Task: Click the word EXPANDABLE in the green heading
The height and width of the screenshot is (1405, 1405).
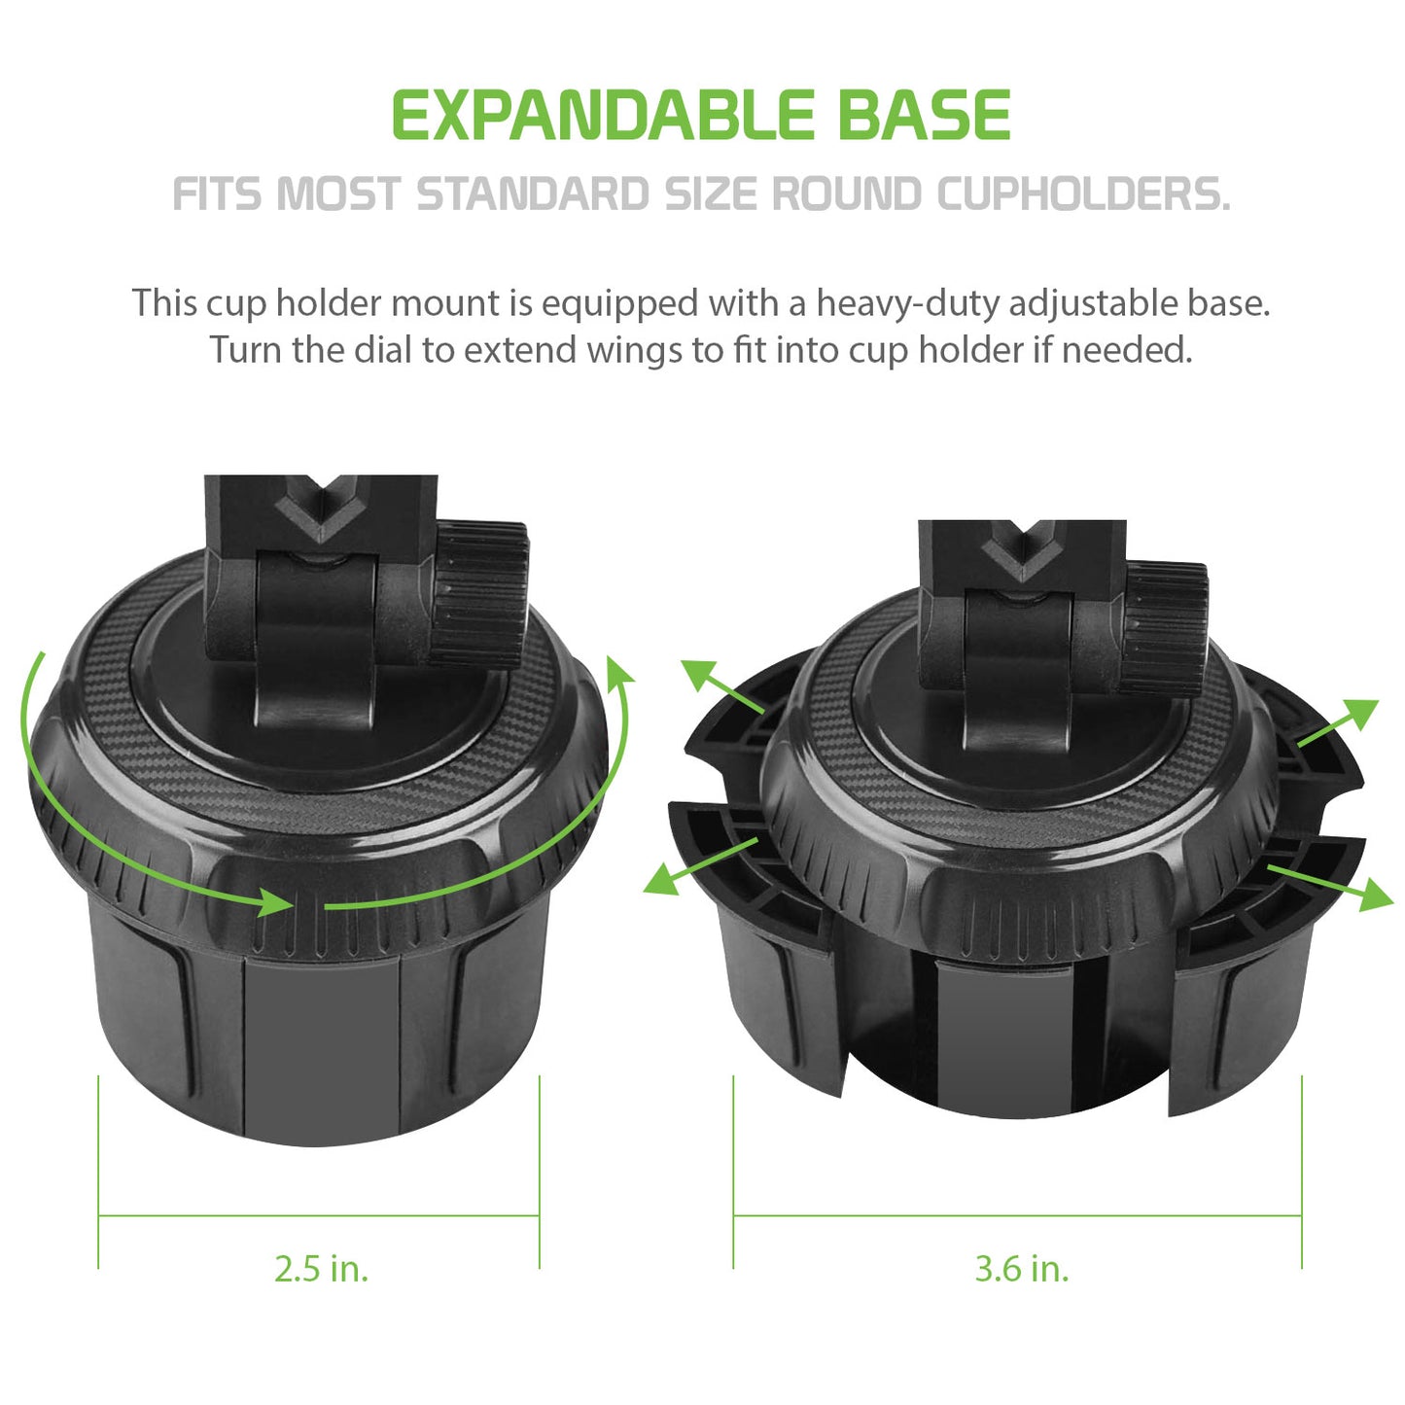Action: click(603, 115)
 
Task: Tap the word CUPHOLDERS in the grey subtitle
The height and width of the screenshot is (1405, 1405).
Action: click(1083, 193)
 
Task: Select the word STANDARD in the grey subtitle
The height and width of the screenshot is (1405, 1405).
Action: click(533, 193)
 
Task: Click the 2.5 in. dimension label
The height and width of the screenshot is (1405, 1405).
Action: click(322, 1269)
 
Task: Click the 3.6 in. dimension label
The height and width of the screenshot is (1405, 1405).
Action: click(1022, 1269)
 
